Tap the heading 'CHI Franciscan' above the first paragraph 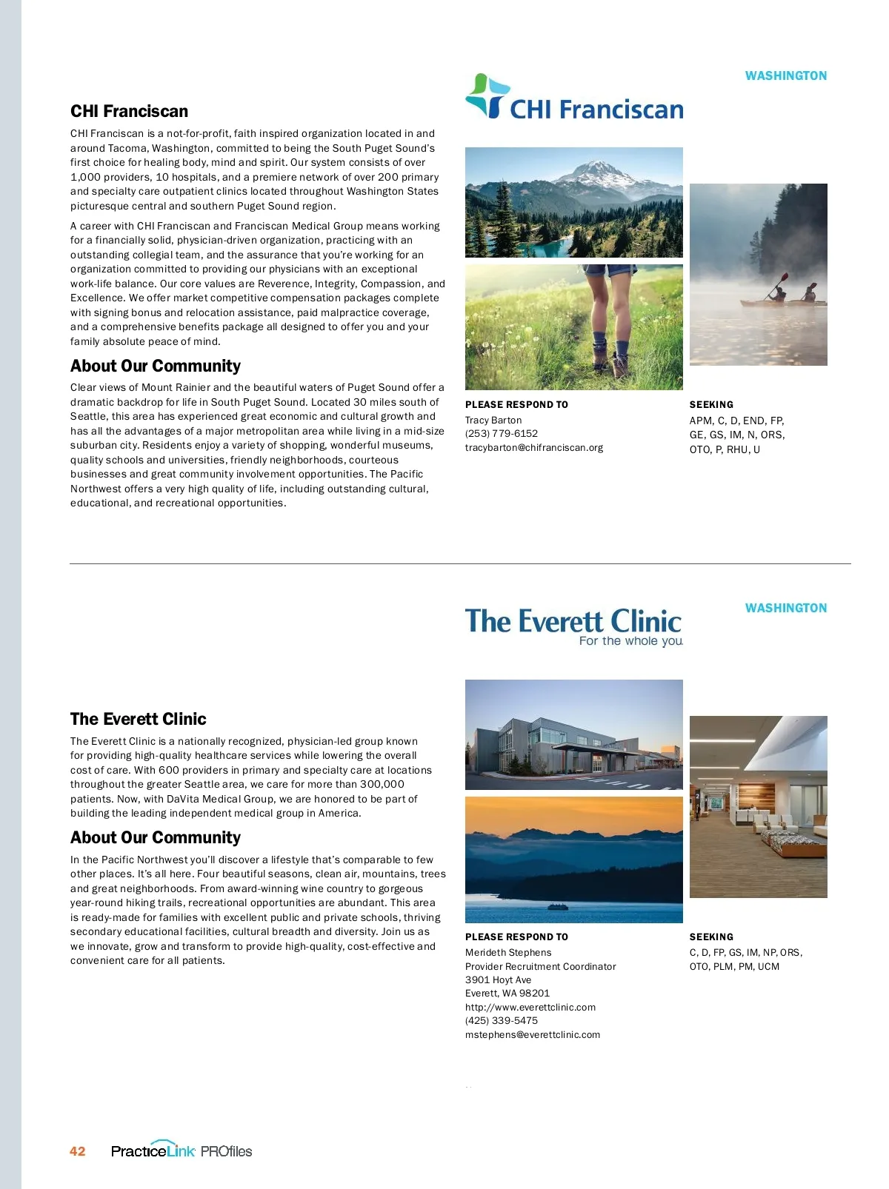129,112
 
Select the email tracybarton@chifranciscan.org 533,448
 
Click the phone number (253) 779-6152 501,434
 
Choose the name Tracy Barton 493,421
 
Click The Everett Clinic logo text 573,620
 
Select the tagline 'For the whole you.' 630,641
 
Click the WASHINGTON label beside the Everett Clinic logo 785,608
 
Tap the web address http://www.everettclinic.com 530,1008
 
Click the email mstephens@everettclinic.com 532,1035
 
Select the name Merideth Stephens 508,953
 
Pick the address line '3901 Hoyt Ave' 498,980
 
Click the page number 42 78,1151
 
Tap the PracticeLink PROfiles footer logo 182,1151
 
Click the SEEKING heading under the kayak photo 711,405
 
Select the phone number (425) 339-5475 501,1021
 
